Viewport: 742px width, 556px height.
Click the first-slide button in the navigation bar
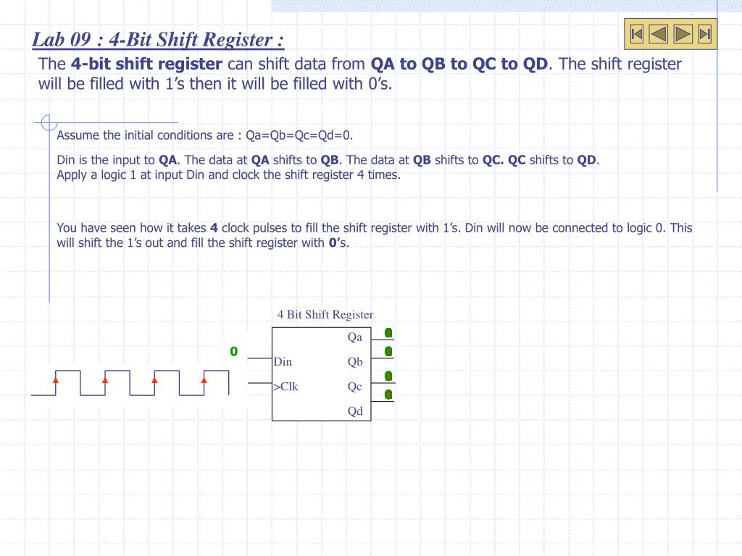[637, 34]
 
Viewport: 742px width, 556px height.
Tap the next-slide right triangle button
[682, 34]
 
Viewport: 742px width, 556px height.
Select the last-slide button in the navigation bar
[704, 34]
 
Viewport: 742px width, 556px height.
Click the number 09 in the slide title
[86, 38]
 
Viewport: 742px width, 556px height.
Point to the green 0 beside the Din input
[234, 352]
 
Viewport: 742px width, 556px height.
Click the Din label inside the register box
[283, 362]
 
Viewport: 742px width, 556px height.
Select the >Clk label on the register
[285, 387]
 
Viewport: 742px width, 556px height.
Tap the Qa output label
[354, 337]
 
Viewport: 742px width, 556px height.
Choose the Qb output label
[354, 362]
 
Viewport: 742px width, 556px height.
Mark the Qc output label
[354, 387]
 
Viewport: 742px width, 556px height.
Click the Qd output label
[354, 411]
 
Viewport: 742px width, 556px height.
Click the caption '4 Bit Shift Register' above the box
[325, 314]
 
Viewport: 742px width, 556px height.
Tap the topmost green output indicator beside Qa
[388, 332]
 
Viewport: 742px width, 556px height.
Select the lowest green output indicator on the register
[388, 395]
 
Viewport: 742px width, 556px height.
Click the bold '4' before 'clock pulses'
[214, 228]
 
